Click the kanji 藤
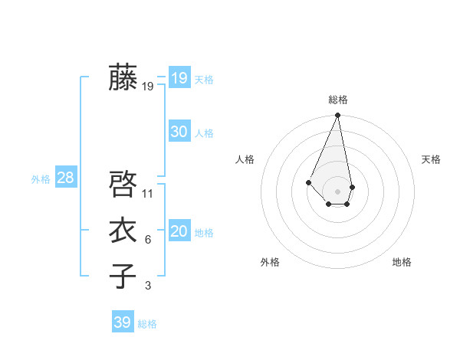pyautogui.click(x=123, y=77)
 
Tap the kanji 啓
pyautogui.click(x=123, y=185)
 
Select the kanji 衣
pyautogui.click(x=123, y=231)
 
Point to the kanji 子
pyautogui.click(x=123, y=277)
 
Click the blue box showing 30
pyautogui.click(x=179, y=132)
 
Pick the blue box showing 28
pyautogui.click(x=65, y=178)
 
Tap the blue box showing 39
pyautogui.click(x=122, y=322)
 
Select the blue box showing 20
pyautogui.click(x=179, y=231)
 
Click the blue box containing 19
pyautogui.click(x=179, y=78)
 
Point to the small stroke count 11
pyautogui.click(x=148, y=194)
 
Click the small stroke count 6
pyautogui.click(x=148, y=240)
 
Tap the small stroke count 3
pyautogui.click(x=148, y=286)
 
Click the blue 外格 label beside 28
pyautogui.click(x=41, y=179)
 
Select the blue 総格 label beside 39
pyautogui.click(x=147, y=324)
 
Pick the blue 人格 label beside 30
pyautogui.click(x=204, y=133)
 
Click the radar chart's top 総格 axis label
pyautogui.click(x=338, y=100)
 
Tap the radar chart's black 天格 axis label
pyautogui.click(x=431, y=159)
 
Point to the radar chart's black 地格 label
pyautogui.click(x=402, y=262)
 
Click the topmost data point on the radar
pyautogui.click(x=338, y=116)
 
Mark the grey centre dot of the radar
pyautogui.click(x=338, y=191)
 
